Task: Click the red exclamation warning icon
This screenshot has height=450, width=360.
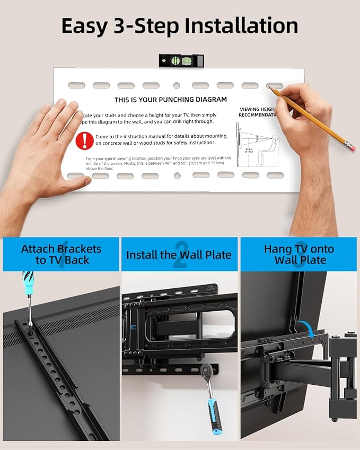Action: tap(84, 140)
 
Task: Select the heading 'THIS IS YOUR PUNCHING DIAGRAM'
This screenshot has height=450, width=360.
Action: tap(171, 100)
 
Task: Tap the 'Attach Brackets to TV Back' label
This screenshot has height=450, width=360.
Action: tap(61, 254)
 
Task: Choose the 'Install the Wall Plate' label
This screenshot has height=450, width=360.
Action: tap(179, 255)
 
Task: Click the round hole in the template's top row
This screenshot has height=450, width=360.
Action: tap(176, 85)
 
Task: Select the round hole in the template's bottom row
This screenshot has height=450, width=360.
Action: tap(177, 175)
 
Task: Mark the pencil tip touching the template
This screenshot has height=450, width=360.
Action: tap(270, 89)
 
